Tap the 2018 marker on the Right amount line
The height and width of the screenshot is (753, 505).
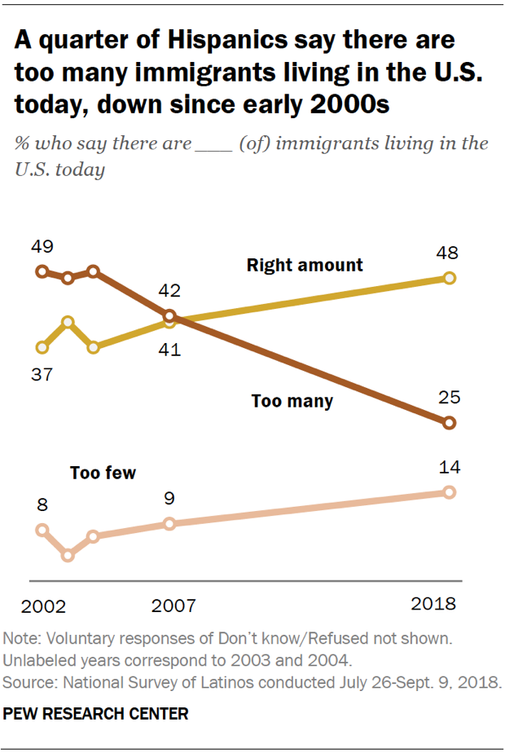click(449, 278)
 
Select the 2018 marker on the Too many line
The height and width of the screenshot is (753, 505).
click(449, 423)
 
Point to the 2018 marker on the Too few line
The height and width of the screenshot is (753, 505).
click(449, 492)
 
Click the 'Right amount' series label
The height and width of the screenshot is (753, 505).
click(305, 266)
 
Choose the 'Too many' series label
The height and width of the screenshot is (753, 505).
click(292, 401)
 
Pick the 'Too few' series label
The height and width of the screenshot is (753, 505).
click(103, 473)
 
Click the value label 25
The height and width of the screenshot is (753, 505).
click(449, 398)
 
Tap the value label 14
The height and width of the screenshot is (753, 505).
click(449, 467)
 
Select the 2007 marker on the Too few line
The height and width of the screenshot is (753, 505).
click(169, 523)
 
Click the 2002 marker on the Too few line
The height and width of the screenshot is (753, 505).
click(42, 530)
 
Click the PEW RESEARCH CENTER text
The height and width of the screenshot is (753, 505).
click(96, 714)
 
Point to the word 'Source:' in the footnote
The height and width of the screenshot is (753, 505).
click(29, 681)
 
